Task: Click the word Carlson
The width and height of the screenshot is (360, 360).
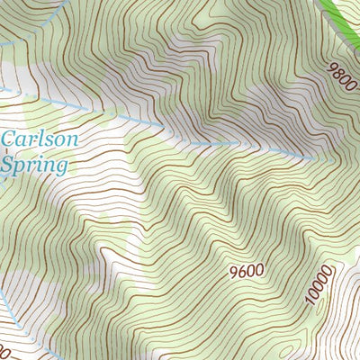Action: click(x=40, y=140)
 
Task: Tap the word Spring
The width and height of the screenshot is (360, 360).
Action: click(x=34, y=166)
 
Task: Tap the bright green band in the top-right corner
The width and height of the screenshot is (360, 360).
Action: click(x=346, y=17)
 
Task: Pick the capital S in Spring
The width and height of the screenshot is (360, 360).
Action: click(x=9, y=165)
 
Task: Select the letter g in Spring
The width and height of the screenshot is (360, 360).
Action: click(x=61, y=168)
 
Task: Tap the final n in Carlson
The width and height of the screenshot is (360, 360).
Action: click(x=72, y=141)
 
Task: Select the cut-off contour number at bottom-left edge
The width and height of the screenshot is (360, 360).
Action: click(x=4, y=347)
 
